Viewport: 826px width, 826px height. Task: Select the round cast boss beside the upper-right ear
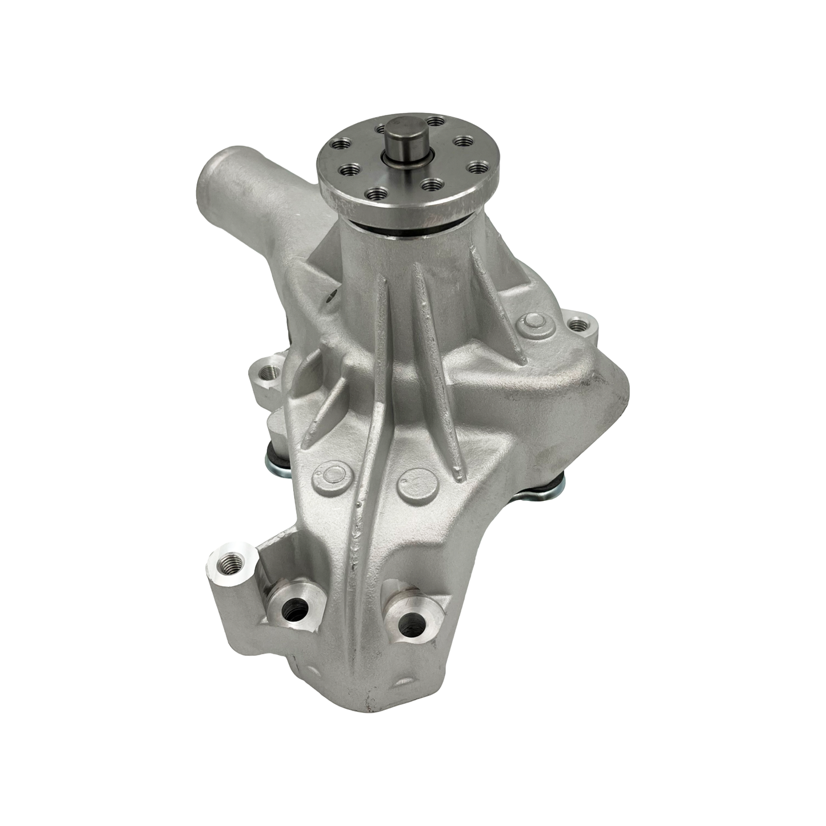533,324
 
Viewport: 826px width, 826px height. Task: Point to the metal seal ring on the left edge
276,456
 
